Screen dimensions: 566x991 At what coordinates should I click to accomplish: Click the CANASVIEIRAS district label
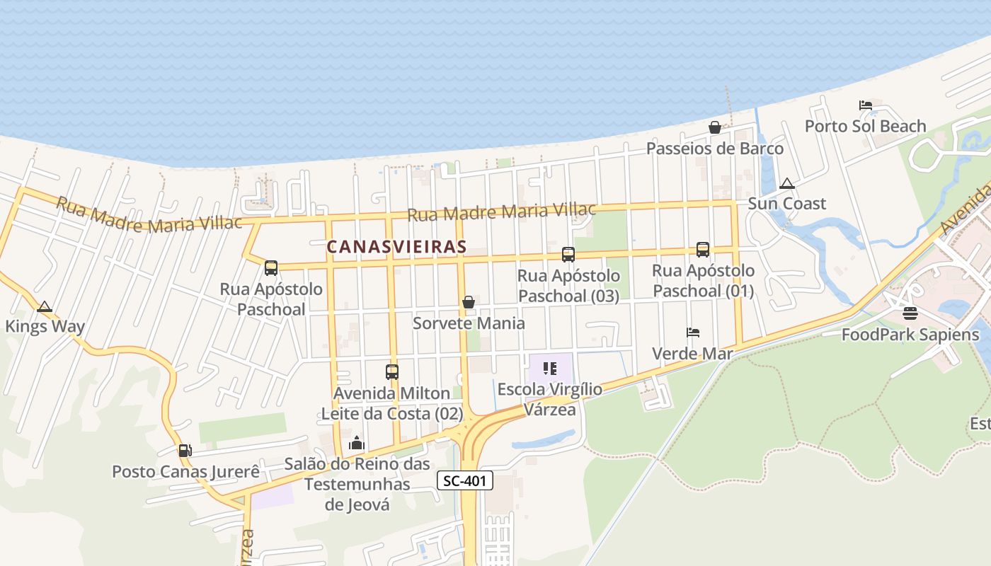point(396,247)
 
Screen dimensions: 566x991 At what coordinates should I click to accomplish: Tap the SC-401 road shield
point(464,481)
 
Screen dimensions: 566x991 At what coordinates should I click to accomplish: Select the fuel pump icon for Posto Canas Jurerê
point(185,450)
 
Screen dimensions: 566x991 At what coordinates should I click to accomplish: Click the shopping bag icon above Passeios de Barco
point(715,127)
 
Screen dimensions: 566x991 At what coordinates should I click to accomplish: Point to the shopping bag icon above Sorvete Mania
point(469,302)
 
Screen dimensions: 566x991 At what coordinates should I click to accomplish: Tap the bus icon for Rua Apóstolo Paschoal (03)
point(568,255)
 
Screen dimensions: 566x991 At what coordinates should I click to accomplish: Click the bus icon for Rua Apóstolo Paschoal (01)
point(703,249)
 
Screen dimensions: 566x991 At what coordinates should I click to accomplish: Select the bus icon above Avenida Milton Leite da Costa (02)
point(392,372)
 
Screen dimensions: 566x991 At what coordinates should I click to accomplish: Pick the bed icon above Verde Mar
point(693,333)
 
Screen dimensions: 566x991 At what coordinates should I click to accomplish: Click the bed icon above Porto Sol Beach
point(865,105)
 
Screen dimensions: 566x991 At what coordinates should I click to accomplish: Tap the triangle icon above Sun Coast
point(786,184)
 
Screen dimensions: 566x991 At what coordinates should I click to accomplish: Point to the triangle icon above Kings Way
point(45,307)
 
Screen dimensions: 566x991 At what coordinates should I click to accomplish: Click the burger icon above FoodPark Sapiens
point(910,313)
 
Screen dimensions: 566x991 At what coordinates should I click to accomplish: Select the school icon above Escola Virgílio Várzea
point(550,369)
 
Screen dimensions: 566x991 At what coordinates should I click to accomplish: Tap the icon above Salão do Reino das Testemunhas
point(357,444)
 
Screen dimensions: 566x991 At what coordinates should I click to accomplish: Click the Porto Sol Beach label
point(865,127)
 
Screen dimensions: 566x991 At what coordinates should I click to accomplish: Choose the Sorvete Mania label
point(469,323)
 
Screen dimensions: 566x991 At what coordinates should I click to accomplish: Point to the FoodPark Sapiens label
point(910,335)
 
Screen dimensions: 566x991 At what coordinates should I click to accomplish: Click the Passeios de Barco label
point(715,149)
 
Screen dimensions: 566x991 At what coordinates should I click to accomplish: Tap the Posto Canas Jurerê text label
point(185,472)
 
